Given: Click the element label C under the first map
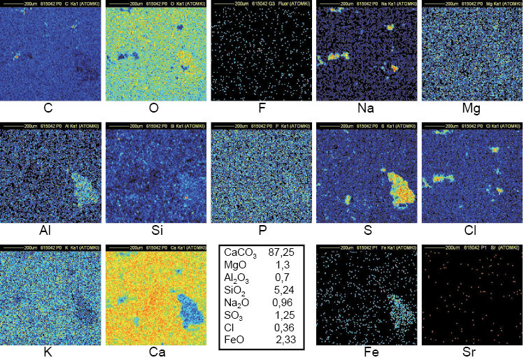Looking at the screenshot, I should point(48,109).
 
